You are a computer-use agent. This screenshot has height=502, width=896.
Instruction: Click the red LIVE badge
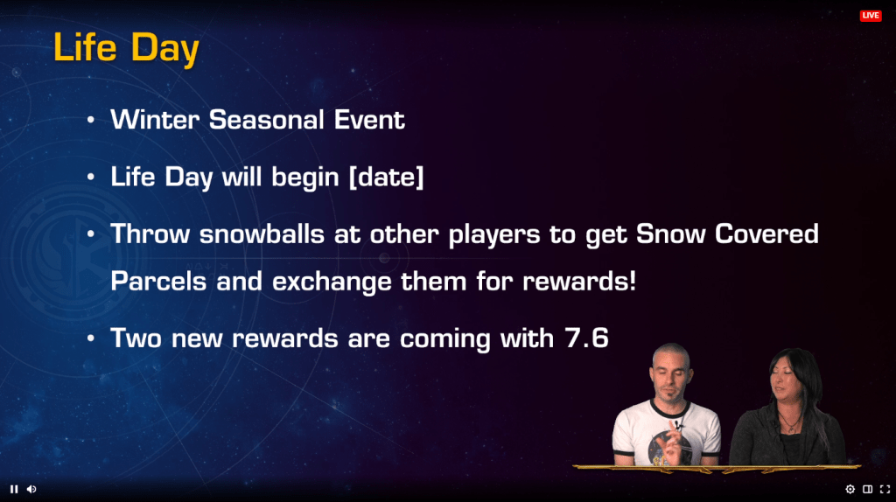[x=871, y=16]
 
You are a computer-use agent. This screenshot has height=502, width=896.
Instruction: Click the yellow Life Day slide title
[x=126, y=47]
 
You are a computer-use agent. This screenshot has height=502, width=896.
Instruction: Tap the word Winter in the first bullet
[x=155, y=119]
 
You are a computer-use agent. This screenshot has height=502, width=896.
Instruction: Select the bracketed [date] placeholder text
[x=386, y=177]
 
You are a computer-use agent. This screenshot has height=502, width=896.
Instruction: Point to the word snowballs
[x=262, y=234]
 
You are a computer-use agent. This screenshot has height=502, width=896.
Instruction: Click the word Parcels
[x=158, y=281]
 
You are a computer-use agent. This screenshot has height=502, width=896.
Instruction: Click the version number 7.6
[x=586, y=338]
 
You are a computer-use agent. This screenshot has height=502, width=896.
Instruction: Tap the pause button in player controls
[x=14, y=489]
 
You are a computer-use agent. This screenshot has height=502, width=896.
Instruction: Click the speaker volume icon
[x=31, y=489]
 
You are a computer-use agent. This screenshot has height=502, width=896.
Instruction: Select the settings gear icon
[x=850, y=489]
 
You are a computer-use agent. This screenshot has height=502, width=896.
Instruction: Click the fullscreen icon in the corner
[x=885, y=489]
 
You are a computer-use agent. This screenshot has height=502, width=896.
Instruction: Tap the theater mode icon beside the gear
[x=867, y=489]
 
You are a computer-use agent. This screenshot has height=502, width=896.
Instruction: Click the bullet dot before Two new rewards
[x=91, y=338]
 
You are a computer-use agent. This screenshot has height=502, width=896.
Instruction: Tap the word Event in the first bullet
[x=369, y=119]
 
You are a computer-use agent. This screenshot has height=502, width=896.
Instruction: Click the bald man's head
[x=671, y=373]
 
